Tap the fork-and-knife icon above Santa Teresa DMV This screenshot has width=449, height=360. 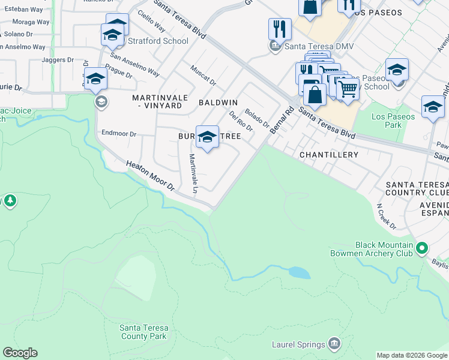[x=280, y=29]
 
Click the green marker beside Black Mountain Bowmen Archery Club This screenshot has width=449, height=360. [x=422, y=248]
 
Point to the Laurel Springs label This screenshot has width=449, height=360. [x=299, y=344]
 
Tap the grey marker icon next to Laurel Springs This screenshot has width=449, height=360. [x=334, y=344]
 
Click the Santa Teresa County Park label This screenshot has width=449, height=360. [x=143, y=332]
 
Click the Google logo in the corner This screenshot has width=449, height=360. [x=20, y=353]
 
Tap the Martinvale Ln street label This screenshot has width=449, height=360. [x=193, y=173]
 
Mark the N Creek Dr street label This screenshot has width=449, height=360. [x=387, y=216]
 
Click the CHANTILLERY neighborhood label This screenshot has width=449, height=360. [x=328, y=155]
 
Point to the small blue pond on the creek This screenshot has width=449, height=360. [x=300, y=273]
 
